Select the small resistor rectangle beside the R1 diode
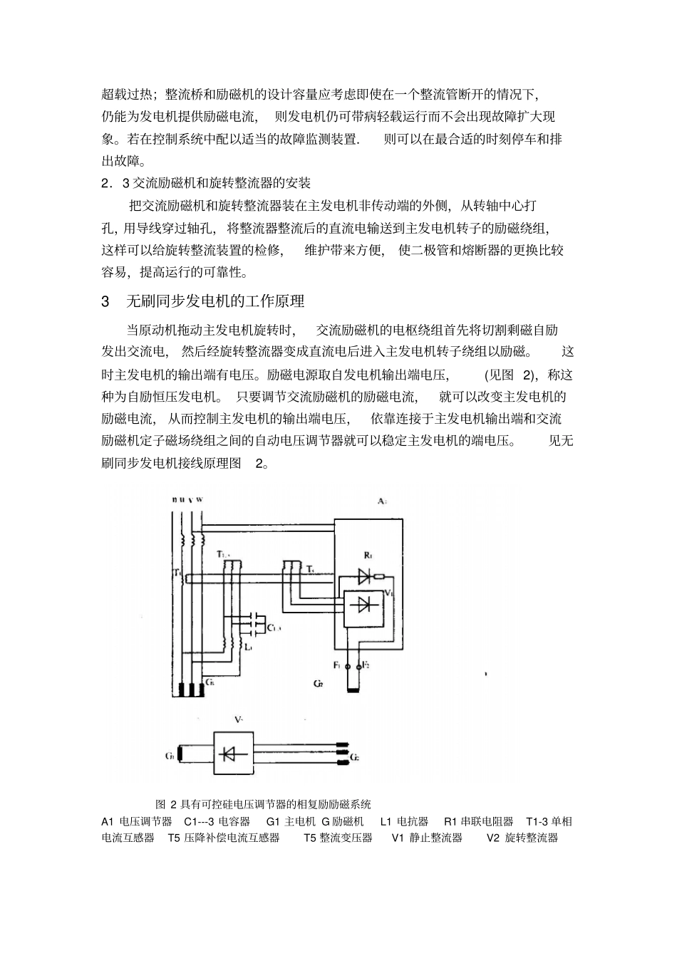coord(380,576)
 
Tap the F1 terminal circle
coord(348,667)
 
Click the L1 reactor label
coord(247,647)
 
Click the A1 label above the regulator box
coord(381,501)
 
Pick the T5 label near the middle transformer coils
coord(309,569)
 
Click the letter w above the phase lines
coord(200,499)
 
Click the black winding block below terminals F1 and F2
coord(354,688)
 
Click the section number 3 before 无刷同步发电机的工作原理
coord(106,302)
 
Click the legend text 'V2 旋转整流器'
coord(522,838)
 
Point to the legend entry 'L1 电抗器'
coord(404,821)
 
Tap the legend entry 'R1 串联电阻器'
coord(478,821)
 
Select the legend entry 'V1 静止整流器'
coord(427,838)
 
